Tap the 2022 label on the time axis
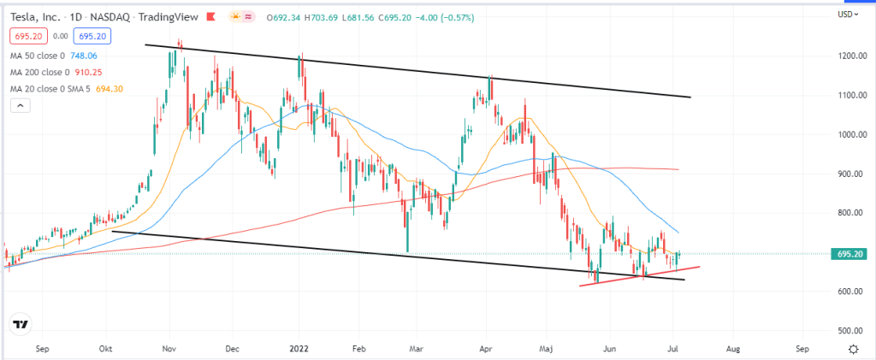point(299,350)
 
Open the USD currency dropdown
point(848,15)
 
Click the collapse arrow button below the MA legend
point(19,105)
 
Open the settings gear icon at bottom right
point(853,349)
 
